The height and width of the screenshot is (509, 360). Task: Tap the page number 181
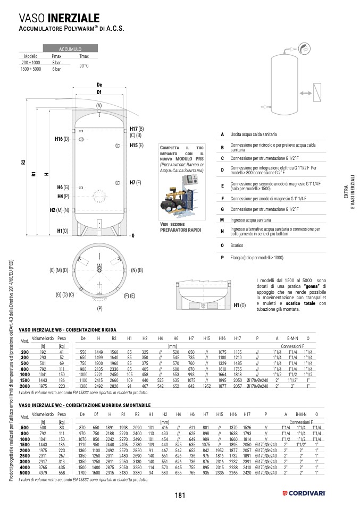(x=180, y=495)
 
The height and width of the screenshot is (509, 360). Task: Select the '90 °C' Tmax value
(x=83, y=66)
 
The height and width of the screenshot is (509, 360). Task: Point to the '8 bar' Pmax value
(x=56, y=63)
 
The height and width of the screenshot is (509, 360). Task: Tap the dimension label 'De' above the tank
(x=99, y=85)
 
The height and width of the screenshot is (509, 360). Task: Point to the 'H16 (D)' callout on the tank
(x=62, y=139)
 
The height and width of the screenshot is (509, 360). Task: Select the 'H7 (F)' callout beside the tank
(x=136, y=182)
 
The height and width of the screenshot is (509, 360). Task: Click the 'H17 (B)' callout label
(x=137, y=129)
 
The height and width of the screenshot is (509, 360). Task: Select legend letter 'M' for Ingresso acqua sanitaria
(x=222, y=219)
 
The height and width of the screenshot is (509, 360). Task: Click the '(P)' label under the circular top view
(x=99, y=308)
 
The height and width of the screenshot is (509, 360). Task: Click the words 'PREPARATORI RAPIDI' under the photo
(x=181, y=230)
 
